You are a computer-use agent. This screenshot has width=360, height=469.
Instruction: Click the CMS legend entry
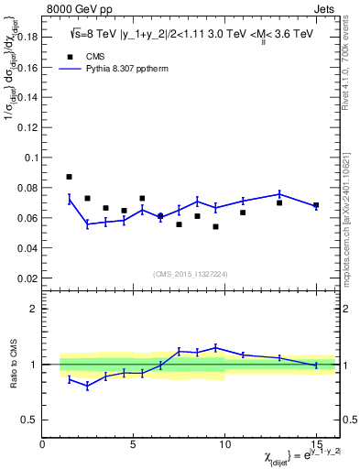[x=83, y=56]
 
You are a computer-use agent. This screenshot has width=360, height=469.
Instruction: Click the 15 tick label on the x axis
[x=316, y=443]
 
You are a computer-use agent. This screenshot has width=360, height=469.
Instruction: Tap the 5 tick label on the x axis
[x=134, y=443]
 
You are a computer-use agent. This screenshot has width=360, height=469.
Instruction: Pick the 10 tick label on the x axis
[x=224, y=443]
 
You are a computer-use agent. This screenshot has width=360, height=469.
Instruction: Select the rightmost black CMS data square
[x=316, y=205]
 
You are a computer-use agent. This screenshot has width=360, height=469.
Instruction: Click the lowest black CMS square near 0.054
[x=215, y=226]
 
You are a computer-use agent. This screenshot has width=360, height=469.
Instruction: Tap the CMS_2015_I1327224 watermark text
[x=190, y=274]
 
